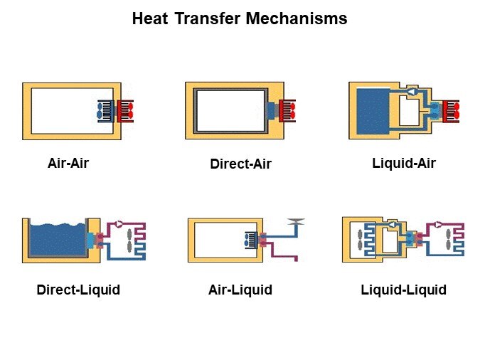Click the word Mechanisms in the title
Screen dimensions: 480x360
click(x=297, y=18)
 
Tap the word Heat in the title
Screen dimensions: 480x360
click(x=150, y=18)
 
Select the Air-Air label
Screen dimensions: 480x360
click(x=68, y=163)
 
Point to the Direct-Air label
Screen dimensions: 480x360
click(x=240, y=164)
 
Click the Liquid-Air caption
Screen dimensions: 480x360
click(x=404, y=163)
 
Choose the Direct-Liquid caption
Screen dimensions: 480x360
click(x=78, y=290)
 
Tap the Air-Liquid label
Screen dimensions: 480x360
click(x=240, y=290)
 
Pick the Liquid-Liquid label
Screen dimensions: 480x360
click(x=403, y=290)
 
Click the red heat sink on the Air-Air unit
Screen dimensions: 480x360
click(x=125, y=111)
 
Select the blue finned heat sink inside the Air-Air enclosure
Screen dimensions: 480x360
click(x=106, y=111)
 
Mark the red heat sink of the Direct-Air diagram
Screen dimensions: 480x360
click(x=287, y=110)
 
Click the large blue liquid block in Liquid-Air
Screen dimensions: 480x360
click(x=373, y=111)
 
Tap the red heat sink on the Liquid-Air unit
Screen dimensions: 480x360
click(x=451, y=111)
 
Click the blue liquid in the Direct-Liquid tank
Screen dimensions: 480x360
click(x=58, y=240)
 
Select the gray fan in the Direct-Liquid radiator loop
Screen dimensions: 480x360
click(x=129, y=240)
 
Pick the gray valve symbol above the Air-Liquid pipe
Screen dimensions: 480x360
click(x=296, y=221)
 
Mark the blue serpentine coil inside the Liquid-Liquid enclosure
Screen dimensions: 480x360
click(x=370, y=240)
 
